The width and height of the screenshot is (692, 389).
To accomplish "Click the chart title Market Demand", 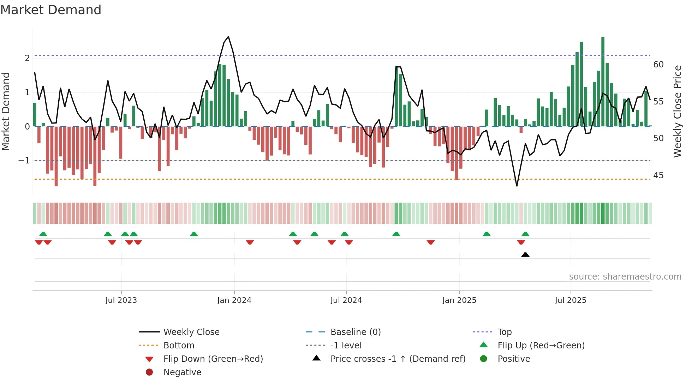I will (51, 10).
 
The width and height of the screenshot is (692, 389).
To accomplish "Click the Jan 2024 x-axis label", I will (234, 300).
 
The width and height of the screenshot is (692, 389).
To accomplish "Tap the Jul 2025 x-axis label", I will (570, 300).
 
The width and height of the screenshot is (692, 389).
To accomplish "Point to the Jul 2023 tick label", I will (121, 300).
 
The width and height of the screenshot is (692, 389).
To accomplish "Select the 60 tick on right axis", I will (658, 65).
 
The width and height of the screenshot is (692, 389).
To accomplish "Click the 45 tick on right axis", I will (658, 175).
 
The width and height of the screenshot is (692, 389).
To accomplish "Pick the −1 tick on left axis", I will (24, 161).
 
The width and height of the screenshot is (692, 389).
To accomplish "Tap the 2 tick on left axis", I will (27, 58).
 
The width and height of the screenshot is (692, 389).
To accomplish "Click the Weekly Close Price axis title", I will (677, 111).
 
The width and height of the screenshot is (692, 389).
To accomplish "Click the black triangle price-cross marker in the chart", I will (525, 255).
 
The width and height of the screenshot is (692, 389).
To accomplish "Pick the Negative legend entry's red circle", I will (149, 372).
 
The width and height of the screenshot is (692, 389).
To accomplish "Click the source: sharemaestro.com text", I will (625, 277).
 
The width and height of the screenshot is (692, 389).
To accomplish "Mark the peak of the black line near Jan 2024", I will (228, 37).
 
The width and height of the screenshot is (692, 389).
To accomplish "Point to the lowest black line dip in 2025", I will (517, 186).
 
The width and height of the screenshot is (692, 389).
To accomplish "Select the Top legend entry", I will (504, 332).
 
